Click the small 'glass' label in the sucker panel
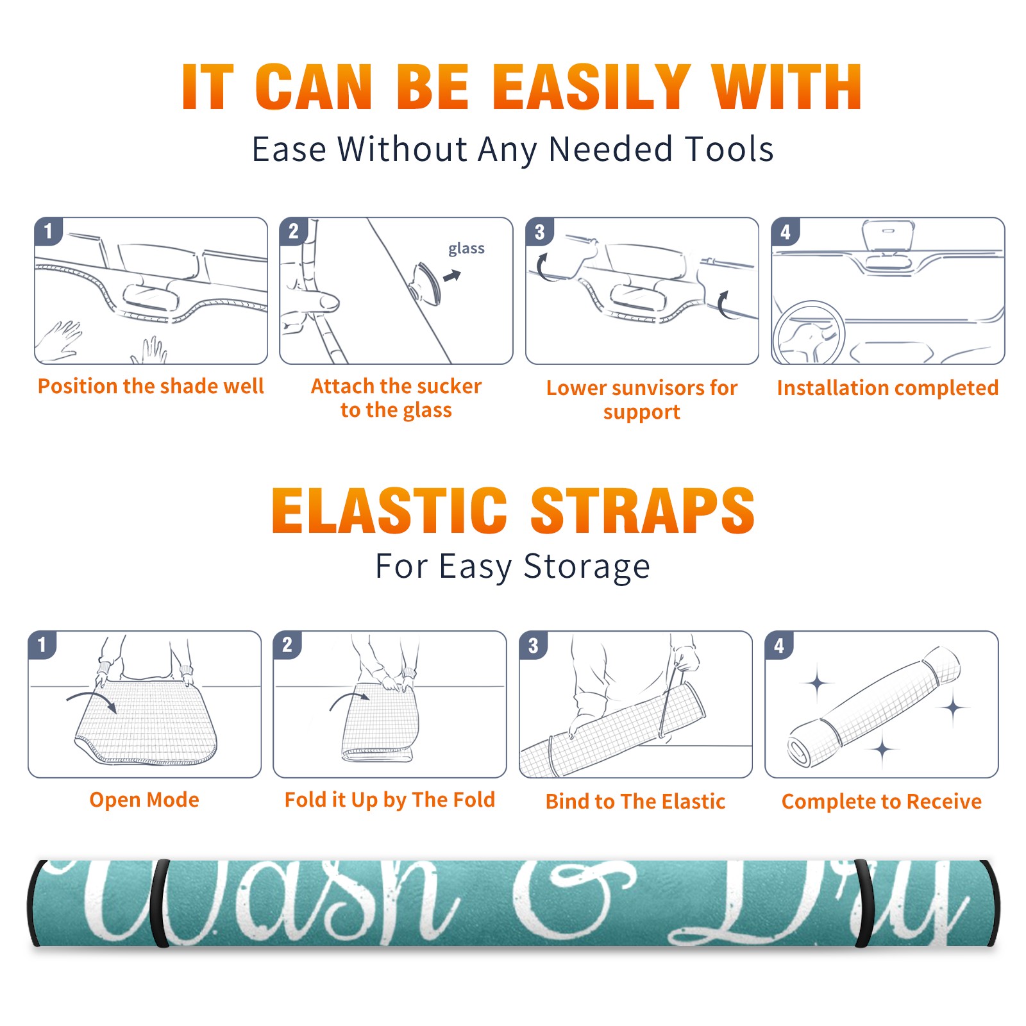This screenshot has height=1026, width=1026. pyautogui.click(x=466, y=248)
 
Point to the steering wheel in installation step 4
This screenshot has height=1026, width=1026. pyautogui.click(x=809, y=333)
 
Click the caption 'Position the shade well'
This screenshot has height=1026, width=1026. pyautogui.click(x=151, y=386)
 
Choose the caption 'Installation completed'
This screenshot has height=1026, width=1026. pyautogui.click(x=887, y=388)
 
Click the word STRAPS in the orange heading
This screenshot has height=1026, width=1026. pyautogui.click(x=643, y=510)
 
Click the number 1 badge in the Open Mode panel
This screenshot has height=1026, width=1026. pyautogui.click(x=42, y=645)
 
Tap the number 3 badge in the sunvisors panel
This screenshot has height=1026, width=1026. pyautogui.click(x=539, y=231)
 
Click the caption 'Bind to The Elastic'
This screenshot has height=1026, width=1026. pyautogui.click(x=635, y=802)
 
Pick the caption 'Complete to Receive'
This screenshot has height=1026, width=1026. pyautogui.click(x=882, y=802)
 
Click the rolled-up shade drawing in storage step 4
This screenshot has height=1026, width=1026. pyautogui.click(x=873, y=707)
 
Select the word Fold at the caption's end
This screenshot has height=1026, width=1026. pyautogui.click(x=473, y=800)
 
